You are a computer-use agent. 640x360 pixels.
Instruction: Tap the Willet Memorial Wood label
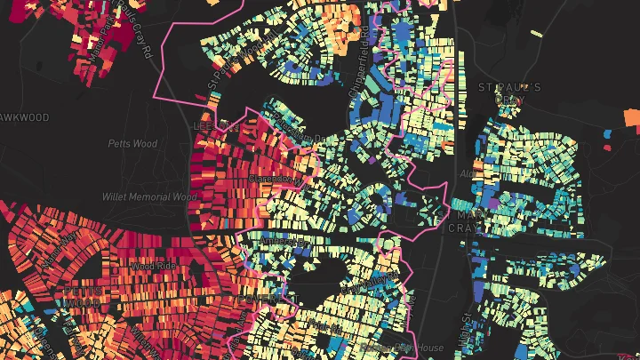148,196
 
